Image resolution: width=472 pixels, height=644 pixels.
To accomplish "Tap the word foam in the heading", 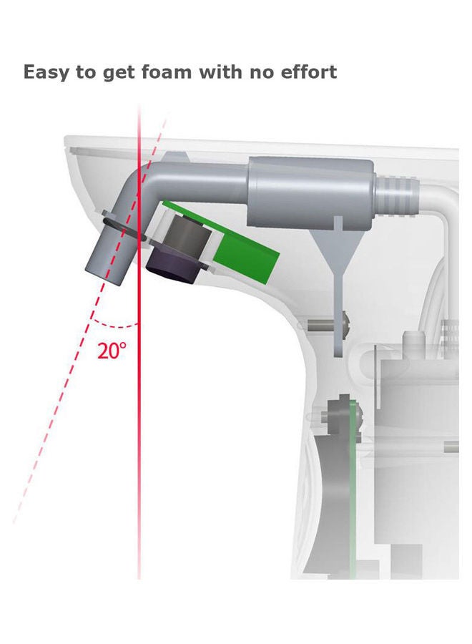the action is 167,72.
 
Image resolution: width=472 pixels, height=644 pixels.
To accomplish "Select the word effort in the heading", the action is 309,72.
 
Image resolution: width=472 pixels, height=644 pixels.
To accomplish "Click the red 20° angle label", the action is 112,351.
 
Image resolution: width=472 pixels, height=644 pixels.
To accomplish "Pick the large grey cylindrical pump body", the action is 310,192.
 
